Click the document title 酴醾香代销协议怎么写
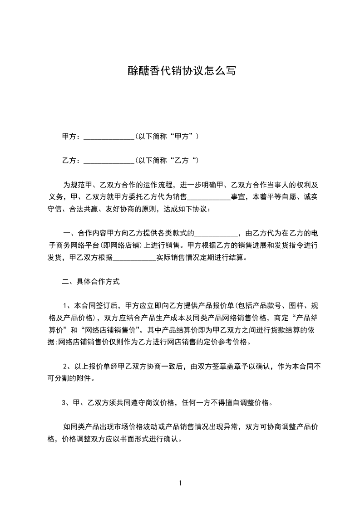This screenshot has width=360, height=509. (180, 71)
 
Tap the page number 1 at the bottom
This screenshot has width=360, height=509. (180, 483)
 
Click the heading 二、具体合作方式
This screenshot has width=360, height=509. (91, 282)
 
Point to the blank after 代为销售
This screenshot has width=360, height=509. (209, 197)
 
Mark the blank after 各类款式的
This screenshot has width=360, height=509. (216, 234)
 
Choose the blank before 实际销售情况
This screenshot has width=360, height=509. (134, 258)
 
